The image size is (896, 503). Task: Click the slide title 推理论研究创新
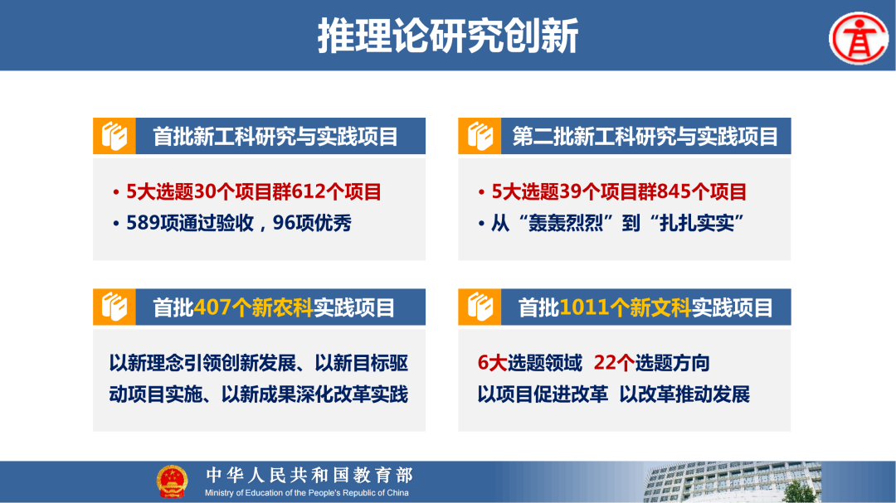(x=448, y=36)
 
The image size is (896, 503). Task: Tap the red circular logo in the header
(x=858, y=37)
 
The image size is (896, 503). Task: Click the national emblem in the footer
(x=172, y=481)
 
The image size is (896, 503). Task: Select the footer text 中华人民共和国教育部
(x=309, y=475)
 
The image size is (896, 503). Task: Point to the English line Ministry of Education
(x=307, y=493)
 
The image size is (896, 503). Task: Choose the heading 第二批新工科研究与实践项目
(x=645, y=137)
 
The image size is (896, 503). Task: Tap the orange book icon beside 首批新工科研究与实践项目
(x=114, y=137)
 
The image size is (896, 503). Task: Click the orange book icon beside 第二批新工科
(x=480, y=137)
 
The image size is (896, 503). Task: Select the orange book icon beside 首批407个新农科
(x=114, y=307)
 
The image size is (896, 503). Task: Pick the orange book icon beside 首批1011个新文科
(x=480, y=307)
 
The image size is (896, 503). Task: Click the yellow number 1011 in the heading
(x=584, y=308)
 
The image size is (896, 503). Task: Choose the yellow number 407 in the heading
(x=212, y=308)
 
